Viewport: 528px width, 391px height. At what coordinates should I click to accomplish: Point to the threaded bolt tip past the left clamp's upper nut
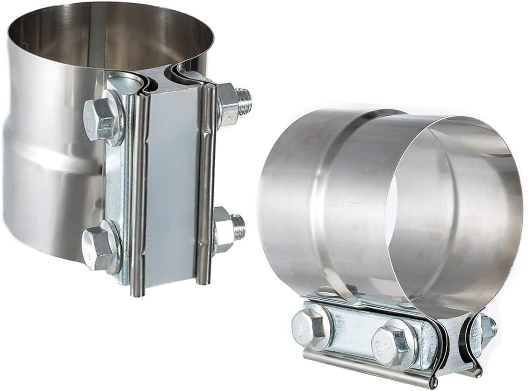(x=245, y=101)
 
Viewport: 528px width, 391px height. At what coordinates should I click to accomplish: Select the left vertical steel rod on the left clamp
(x=139, y=196)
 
